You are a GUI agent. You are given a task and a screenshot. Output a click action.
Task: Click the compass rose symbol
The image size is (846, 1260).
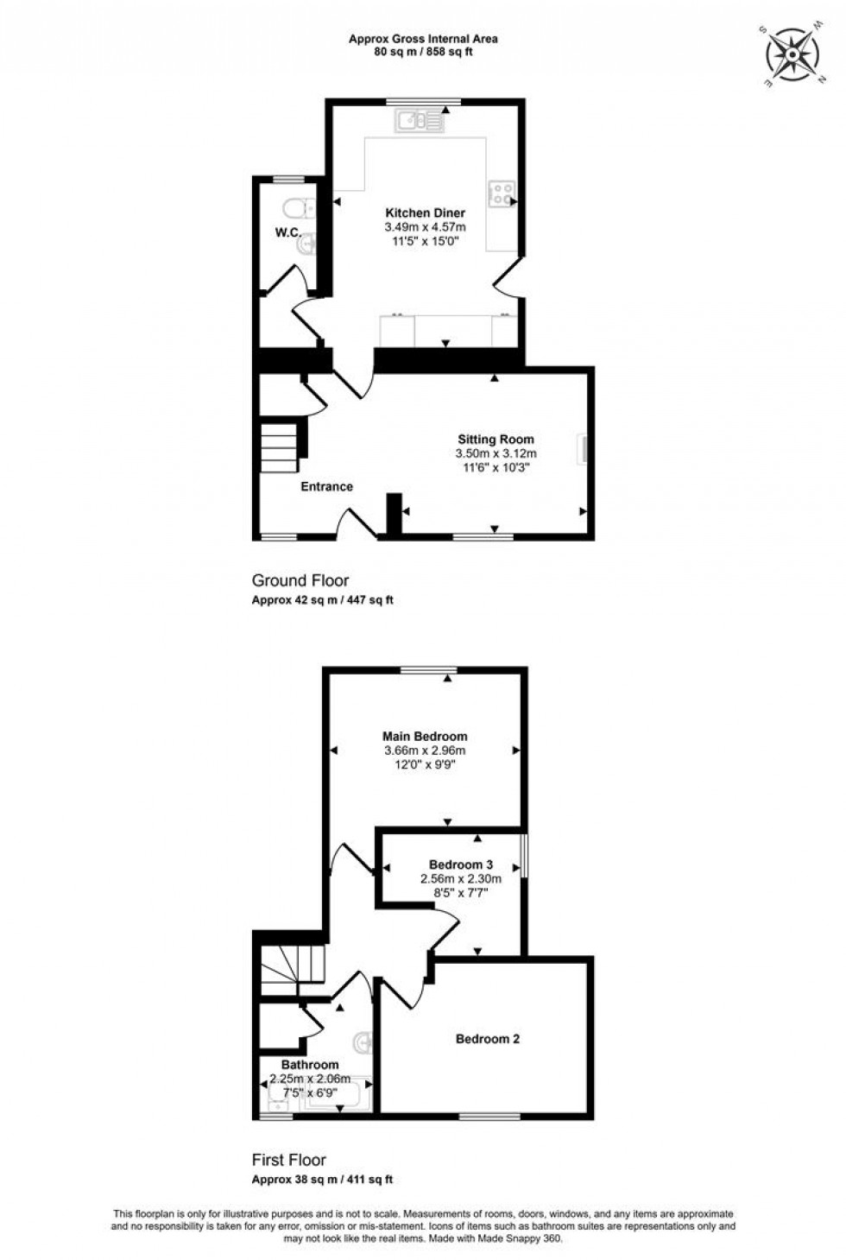coord(791,55)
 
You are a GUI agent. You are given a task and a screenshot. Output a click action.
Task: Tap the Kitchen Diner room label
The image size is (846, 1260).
coord(425,212)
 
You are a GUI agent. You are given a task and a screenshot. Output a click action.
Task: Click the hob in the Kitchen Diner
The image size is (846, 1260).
coord(500,193)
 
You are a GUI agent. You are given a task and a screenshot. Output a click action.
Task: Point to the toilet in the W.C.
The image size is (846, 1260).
coord(295,210)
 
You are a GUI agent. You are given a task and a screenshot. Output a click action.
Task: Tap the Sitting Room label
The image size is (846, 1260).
coord(496,439)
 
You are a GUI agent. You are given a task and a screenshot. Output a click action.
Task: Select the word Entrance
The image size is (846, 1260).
coord(326,486)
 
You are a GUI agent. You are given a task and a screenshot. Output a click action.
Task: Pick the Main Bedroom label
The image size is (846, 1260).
coord(425,736)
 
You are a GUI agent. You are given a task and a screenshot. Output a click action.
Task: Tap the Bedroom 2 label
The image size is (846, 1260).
coord(488,1039)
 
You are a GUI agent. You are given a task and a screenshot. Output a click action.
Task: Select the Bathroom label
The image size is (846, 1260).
coord(310,1065)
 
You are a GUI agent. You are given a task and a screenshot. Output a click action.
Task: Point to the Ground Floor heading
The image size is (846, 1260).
coord(300,580)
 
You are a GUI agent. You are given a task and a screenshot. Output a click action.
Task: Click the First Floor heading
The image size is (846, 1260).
coord(289,1160)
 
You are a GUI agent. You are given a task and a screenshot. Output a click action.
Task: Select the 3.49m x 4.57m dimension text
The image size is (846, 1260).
coord(425,227)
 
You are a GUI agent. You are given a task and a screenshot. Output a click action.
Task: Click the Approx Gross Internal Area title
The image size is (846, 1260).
coord(423,38)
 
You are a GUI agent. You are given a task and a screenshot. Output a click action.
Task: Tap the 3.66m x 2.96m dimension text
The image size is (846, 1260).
coord(425,750)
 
